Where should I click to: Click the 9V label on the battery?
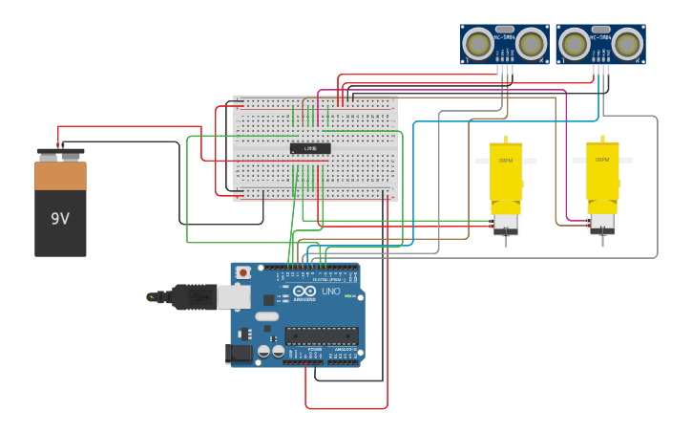click(60, 219)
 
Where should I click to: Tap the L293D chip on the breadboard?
click(310, 148)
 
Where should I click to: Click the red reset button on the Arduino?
click(243, 272)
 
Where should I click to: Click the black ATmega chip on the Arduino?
click(322, 336)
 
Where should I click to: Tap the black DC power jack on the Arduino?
click(240, 354)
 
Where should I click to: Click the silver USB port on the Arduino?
click(235, 297)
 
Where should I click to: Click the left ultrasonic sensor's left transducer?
click(477, 43)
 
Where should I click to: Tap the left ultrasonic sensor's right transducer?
click(531, 43)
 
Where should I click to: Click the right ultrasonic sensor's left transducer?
click(574, 43)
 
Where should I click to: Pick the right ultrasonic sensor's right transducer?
click(627, 43)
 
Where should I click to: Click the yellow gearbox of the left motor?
click(506, 172)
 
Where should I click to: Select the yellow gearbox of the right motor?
click(602, 172)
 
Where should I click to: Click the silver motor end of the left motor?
click(505, 224)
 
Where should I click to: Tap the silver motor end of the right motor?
click(602, 224)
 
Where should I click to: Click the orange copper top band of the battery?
click(60, 176)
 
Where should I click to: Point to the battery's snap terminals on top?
click(60, 152)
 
